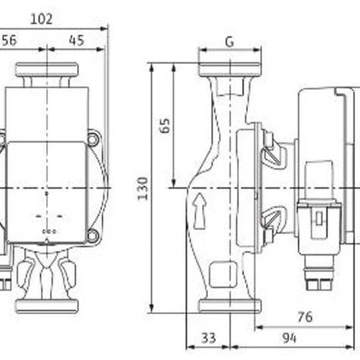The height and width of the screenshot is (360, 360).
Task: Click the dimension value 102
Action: (41, 19)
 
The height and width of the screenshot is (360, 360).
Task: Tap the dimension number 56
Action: (9, 40)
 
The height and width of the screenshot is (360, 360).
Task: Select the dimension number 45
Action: (76, 40)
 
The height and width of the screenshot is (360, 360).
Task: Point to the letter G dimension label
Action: (229, 42)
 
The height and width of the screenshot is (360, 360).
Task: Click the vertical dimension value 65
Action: (165, 126)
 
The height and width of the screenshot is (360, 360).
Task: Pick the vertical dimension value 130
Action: (142, 188)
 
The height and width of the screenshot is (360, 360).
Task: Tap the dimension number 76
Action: (305, 316)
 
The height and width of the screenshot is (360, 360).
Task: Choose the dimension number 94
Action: (289, 338)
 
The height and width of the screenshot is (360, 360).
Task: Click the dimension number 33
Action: (208, 338)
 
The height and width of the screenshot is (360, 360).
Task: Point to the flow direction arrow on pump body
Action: (199, 210)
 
